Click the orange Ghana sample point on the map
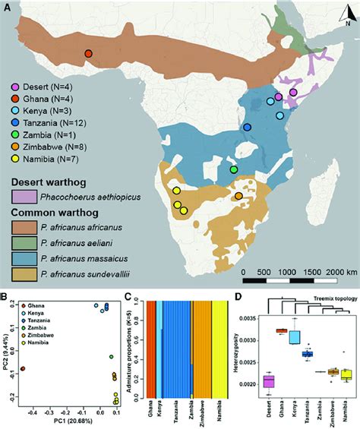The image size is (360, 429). click(89, 54)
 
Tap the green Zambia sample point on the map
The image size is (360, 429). click(234, 169)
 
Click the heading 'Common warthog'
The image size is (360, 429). click(49, 213)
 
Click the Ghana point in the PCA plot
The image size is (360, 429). click(21, 368)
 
